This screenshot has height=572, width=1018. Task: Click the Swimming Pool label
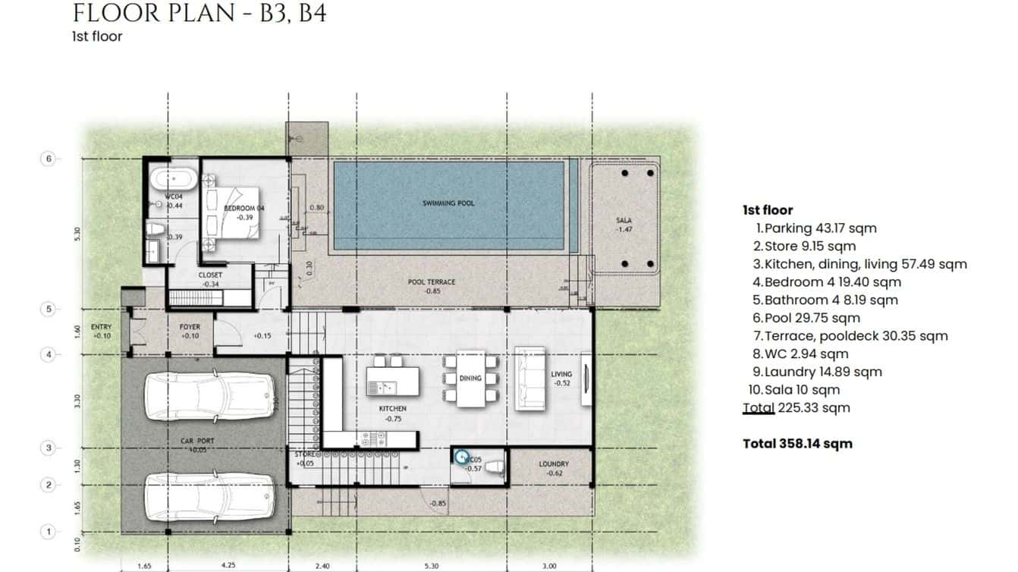pos(448,203)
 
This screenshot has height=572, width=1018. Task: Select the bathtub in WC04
pos(172,181)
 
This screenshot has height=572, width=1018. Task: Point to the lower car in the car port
pos(209,497)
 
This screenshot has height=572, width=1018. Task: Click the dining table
pos(470,378)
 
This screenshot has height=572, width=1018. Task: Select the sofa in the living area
pos(529,378)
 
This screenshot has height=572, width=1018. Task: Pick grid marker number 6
pos(48,159)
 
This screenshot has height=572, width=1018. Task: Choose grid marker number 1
pos(48,532)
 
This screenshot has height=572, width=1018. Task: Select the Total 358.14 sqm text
pos(797,444)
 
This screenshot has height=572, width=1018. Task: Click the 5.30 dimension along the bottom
pos(432,565)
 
